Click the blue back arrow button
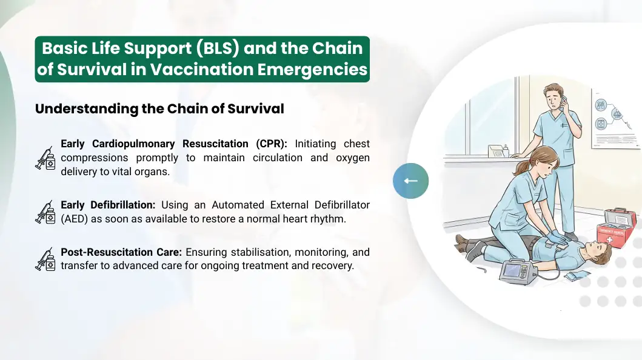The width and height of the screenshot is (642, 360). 410,181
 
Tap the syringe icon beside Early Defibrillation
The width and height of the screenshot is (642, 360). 45,212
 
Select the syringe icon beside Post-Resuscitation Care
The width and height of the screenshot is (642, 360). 45,259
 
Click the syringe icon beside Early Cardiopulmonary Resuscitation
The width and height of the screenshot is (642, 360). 45,158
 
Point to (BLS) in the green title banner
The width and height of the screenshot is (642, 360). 218,48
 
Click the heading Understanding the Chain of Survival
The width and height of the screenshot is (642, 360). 159,109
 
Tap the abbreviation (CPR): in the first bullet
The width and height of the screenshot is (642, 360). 272,144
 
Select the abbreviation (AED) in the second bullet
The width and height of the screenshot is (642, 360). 75,219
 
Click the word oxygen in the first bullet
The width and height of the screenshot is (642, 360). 353,158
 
